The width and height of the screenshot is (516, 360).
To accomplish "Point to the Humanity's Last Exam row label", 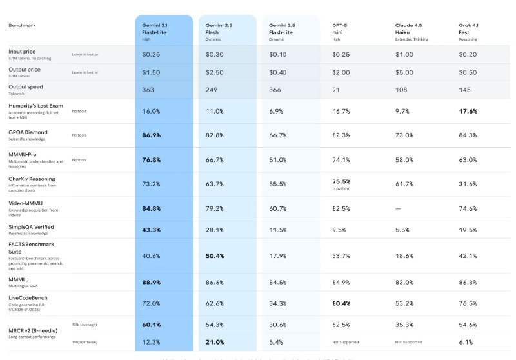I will pyautogui.click(x=36, y=105).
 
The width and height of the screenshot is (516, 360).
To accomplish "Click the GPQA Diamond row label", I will pyautogui.click(x=28, y=132).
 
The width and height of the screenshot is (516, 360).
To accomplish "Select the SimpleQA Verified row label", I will pyautogui.click(x=31, y=227).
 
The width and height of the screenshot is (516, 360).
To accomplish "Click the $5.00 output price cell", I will pyautogui.click(x=404, y=72).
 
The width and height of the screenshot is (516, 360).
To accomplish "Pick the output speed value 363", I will pyautogui.click(x=148, y=90).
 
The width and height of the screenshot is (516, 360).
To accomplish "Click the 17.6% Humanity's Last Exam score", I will pyautogui.click(x=468, y=111).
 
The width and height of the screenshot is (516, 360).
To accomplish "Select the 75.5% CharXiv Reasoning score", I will pyautogui.click(x=342, y=182).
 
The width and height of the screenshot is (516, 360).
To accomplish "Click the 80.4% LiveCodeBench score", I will pyautogui.click(x=342, y=303).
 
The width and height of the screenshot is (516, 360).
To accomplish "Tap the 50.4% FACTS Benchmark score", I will pyautogui.click(x=215, y=255).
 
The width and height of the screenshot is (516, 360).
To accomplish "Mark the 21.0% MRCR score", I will pyautogui.click(x=215, y=341).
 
